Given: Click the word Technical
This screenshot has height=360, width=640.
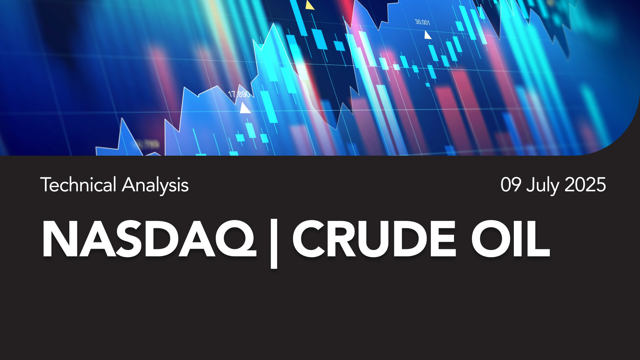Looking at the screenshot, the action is [78, 185].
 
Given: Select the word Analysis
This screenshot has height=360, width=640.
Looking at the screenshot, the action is [155, 186].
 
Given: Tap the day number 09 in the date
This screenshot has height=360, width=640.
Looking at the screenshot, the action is [511, 185].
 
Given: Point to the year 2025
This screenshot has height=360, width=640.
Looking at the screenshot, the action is [585, 185].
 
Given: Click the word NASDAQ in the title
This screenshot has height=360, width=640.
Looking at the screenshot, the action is [149, 239].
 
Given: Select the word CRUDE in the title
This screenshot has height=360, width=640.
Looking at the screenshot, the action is [374, 239].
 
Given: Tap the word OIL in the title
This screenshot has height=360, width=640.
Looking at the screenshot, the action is [510, 239].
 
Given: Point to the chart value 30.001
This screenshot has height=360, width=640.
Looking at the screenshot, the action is [422, 22].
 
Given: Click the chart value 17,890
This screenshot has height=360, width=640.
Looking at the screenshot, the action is [239, 94].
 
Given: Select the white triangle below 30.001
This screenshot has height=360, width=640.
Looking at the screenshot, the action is [427, 35].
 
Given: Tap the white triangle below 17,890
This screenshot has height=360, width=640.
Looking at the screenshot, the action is [245, 108].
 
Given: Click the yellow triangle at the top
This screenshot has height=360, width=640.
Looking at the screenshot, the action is [310, 5].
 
